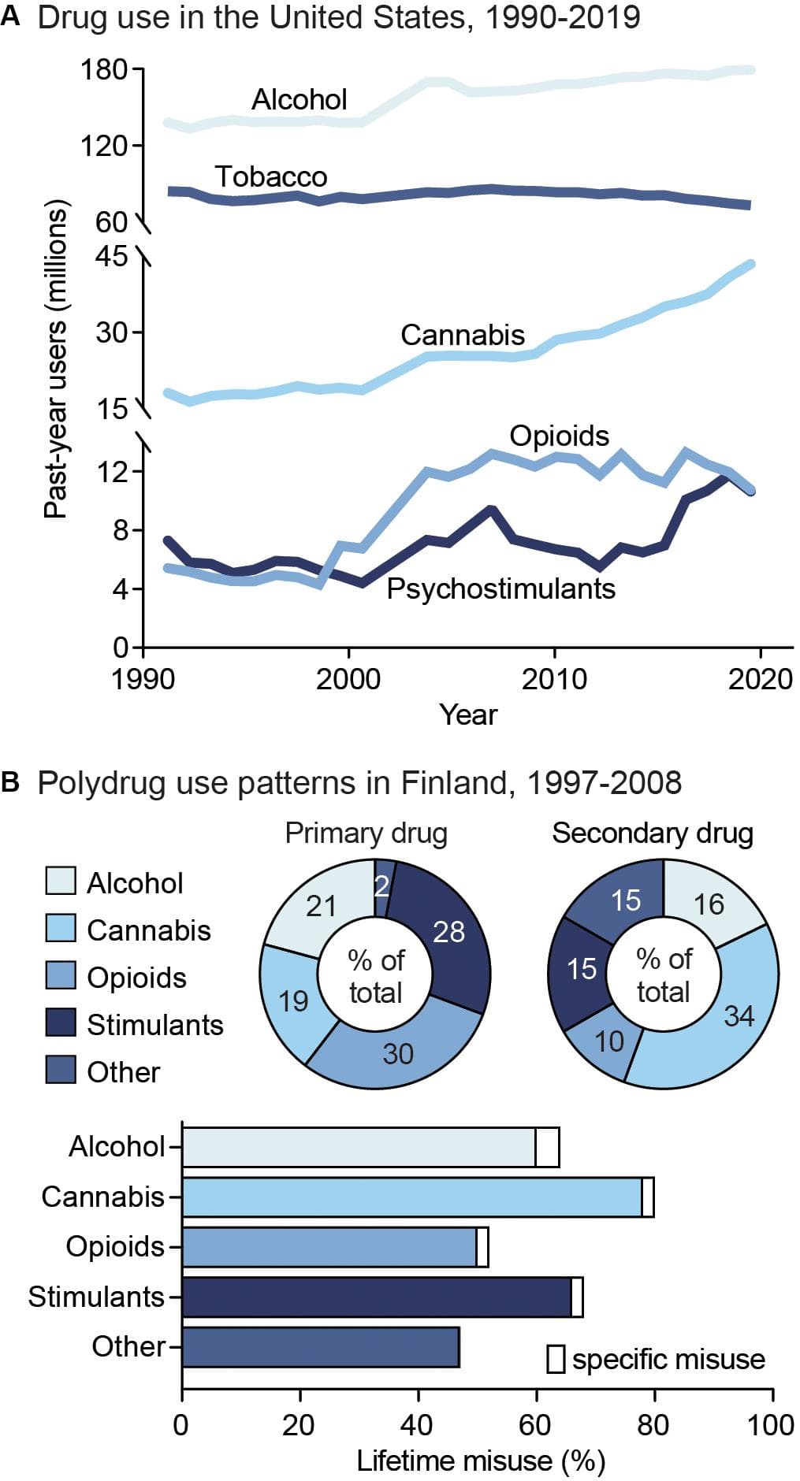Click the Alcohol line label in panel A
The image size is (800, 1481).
(x=299, y=100)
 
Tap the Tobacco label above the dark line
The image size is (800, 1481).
(x=270, y=176)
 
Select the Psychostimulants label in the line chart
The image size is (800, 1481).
(x=500, y=588)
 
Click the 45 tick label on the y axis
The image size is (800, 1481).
(x=111, y=256)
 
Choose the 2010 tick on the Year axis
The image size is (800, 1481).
(x=554, y=678)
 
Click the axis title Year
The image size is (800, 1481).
(x=468, y=715)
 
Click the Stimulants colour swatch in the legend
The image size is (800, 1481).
(x=61, y=1023)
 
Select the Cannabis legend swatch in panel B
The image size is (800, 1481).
(x=61, y=929)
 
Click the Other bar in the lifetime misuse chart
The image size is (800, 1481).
(x=320, y=1346)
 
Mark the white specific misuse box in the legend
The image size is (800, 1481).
(x=556, y=1359)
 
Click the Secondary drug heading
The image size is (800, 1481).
(x=652, y=833)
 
